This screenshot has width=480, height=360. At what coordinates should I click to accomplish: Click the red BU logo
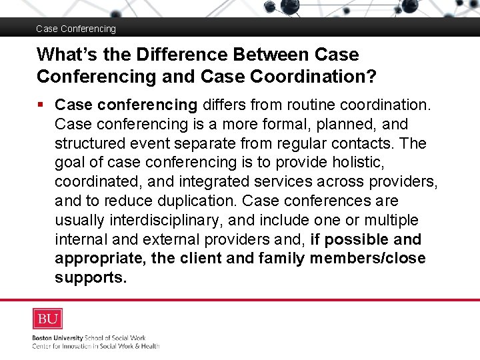(x=47, y=319)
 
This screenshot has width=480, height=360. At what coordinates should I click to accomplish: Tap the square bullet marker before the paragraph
(x=42, y=105)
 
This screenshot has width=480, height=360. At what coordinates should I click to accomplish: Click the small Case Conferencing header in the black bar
(x=75, y=29)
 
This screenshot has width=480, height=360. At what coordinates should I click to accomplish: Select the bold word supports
(x=91, y=277)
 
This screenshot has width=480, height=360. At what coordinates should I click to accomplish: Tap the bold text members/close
(x=367, y=258)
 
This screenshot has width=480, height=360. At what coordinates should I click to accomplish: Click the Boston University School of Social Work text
(x=89, y=338)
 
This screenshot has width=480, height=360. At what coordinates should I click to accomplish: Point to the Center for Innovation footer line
(x=96, y=345)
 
